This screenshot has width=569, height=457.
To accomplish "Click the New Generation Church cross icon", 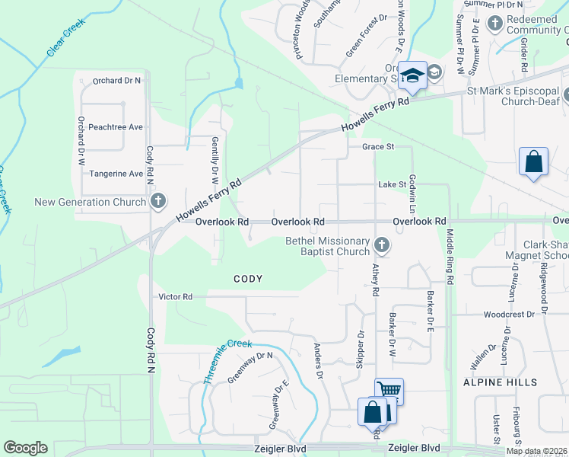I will point(157,202).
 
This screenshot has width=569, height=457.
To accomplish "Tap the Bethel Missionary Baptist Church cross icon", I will point(381,245).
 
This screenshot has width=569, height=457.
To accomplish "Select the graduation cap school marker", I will point(412,75).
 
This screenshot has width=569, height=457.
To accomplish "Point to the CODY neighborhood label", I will point(248,279).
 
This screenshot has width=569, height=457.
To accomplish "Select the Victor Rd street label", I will point(175,296).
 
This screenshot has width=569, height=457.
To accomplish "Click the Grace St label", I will point(378,146).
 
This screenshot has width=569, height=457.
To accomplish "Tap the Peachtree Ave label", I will point(116,127).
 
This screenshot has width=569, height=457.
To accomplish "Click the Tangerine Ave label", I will point(116,174).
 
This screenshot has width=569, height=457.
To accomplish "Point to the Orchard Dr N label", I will point(116,80).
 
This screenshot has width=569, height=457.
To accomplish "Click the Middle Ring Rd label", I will point(450,257).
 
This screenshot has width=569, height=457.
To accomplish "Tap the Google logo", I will point(25,448).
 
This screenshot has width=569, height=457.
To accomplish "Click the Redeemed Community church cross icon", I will point(494,23).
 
